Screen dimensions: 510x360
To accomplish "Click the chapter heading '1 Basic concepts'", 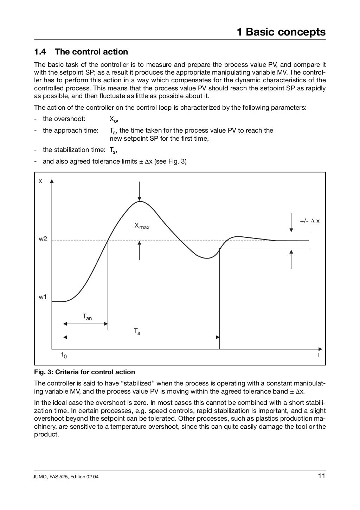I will point(281,32).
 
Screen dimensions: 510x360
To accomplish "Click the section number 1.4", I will point(40,52).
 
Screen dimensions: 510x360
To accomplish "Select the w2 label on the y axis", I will point(43,240).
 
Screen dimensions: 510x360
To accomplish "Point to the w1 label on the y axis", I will point(43,297).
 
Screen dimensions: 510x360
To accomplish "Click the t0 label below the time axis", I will point(64,355).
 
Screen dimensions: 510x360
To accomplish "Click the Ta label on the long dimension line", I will point(137,331).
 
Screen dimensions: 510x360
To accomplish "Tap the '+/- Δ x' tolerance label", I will point(309,221).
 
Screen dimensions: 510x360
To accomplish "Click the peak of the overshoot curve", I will point(140,202).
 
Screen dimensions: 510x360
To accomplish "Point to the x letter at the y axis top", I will point(40,181).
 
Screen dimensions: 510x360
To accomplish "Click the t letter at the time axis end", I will point(319,355).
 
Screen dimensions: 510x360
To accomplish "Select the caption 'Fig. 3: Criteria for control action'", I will point(84,372).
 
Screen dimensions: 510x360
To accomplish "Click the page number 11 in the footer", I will point(321,477).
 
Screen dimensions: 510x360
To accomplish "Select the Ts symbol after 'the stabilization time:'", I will point(113,151).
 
